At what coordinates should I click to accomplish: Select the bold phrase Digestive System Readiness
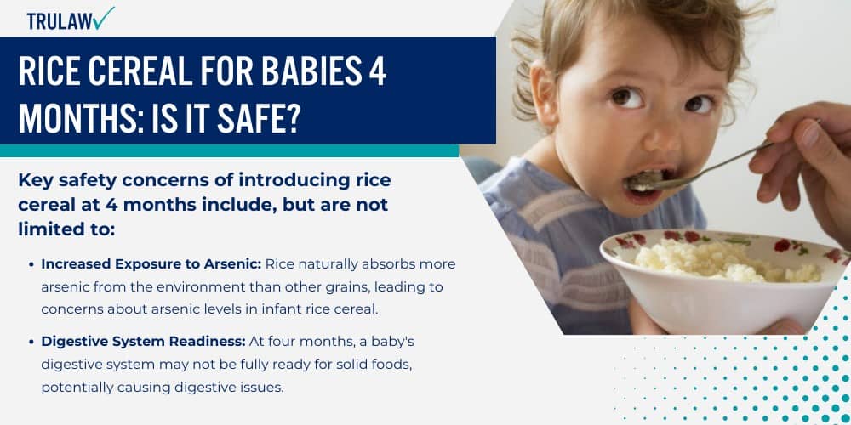[143, 341]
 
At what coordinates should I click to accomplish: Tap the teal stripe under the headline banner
[230, 150]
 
